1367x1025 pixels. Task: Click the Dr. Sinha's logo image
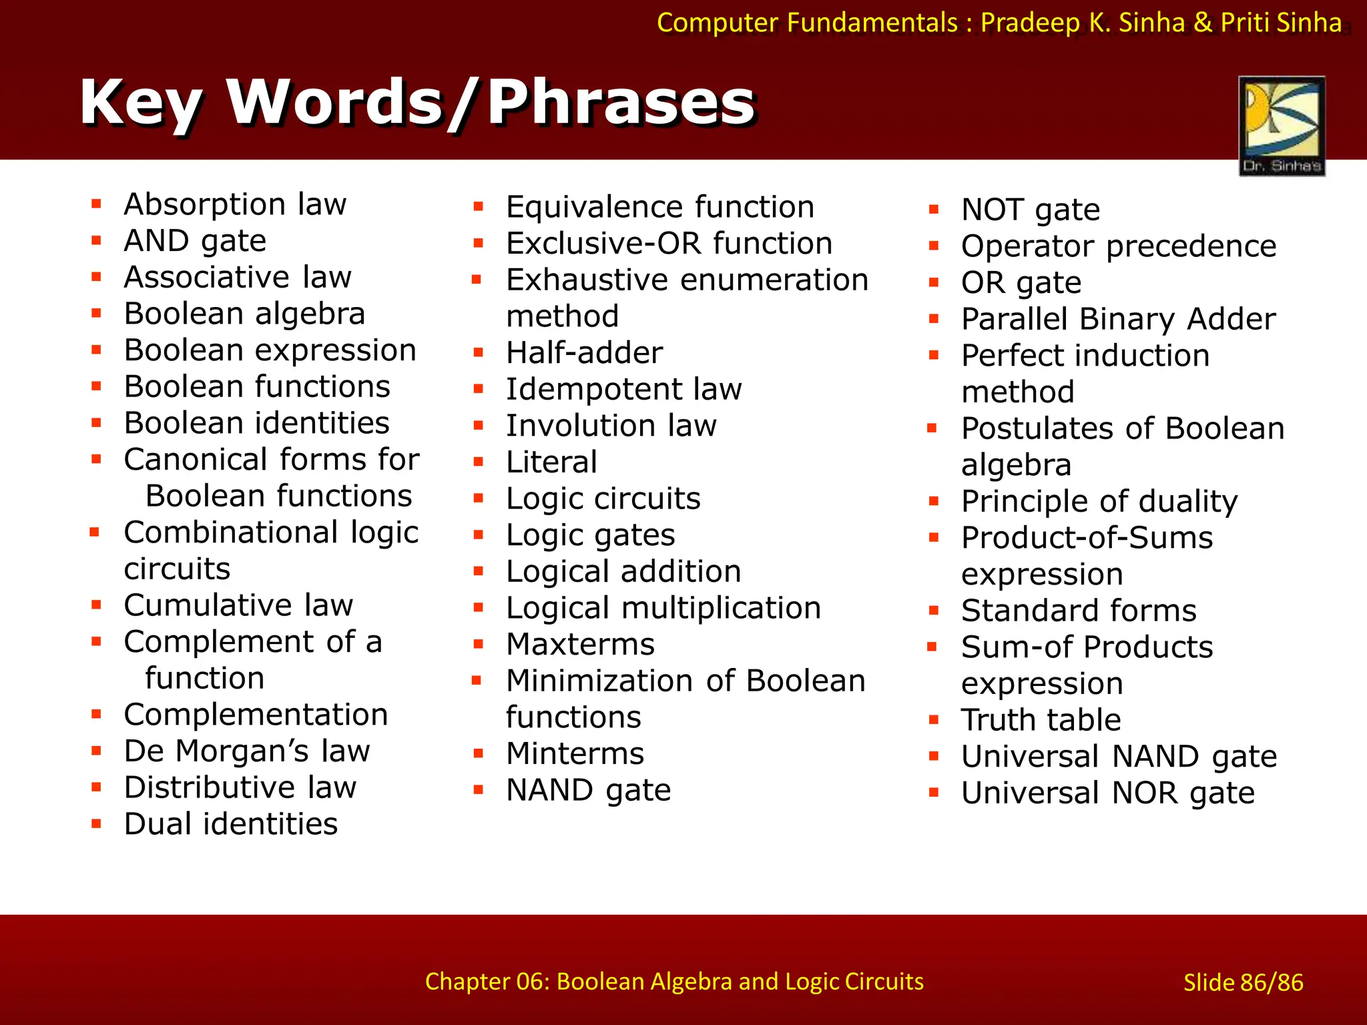coord(1282,125)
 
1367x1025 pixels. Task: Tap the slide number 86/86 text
coord(1243,982)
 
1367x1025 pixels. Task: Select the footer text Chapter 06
coord(674,981)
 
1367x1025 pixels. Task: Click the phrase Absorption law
coord(235,204)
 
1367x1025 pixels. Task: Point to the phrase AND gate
coord(195,241)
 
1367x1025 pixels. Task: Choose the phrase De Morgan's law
coord(247,751)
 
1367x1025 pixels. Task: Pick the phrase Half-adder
coord(584,353)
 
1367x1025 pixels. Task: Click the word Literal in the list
coord(551,462)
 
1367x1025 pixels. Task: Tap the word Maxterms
coord(580,645)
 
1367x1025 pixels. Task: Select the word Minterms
coord(575,754)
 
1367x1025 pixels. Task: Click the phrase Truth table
coord(1041,720)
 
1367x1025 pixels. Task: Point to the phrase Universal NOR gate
coord(1107,793)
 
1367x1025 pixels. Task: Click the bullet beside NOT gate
coord(934,210)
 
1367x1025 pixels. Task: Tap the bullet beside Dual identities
coord(97,824)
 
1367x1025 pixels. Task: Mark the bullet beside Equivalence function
coord(478,207)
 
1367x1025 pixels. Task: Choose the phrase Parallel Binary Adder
coord(1118,320)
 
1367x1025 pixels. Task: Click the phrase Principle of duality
coord(1099,502)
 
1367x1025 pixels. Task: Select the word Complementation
coord(256,715)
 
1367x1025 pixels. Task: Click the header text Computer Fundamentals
coord(807,23)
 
